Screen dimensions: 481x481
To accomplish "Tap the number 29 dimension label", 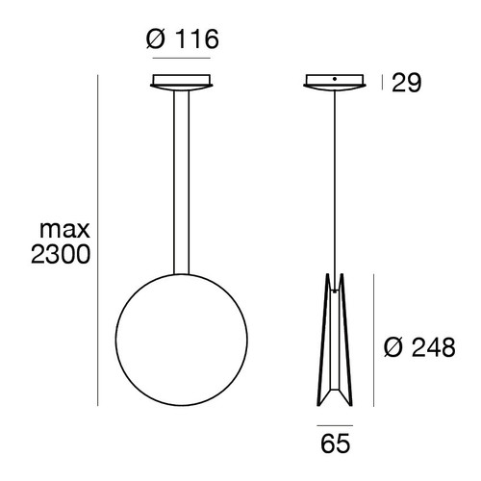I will pyautogui.click(x=407, y=85).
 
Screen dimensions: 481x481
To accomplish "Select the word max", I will pyautogui.click(x=64, y=230).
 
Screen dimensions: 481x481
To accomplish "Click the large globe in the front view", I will pyautogui.click(x=181, y=333).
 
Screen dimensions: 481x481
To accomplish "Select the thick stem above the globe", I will pyautogui.click(x=181, y=183).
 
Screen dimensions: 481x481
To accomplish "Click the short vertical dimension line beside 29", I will pyautogui.click(x=382, y=84).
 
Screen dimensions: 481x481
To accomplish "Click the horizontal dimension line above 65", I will pyautogui.click(x=334, y=421).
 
